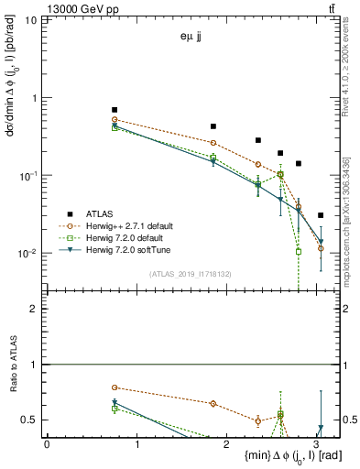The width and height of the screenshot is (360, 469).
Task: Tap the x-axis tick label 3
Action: (x=316, y=444)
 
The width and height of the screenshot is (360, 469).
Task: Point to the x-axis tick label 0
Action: (x=47, y=444)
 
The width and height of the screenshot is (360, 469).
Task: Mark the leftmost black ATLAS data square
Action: (x=115, y=110)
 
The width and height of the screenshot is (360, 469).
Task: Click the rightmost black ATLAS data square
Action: (x=320, y=215)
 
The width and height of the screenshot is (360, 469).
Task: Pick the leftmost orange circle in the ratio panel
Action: (x=115, y=387)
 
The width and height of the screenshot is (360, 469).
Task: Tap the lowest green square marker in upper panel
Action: (x=299, y=251)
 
